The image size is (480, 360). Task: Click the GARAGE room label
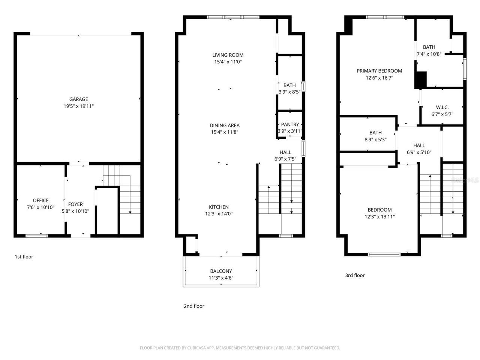(78, 99)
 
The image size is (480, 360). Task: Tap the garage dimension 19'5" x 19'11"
(78, 106)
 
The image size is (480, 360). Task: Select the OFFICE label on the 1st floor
(40, 201)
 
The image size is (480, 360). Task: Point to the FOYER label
(75, 204)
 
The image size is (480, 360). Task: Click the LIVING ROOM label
(228, 55)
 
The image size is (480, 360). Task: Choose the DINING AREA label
(225, 126)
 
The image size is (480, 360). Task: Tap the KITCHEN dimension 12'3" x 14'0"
(219, 214)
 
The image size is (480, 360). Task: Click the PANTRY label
(290, 124)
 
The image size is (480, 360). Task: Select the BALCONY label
(221, 271)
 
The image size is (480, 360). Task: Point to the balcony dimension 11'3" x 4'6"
(221, 278)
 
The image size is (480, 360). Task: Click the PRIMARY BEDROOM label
(379, 71)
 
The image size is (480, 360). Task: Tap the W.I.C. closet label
(442, 108)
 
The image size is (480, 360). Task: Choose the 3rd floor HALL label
(419, 145)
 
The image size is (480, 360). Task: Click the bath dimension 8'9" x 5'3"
(375, 139)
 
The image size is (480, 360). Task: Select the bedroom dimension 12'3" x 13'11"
(379, 217)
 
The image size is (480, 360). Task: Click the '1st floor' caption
(24, 257)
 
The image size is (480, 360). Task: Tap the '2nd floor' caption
(194, 306)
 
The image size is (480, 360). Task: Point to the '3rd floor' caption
(355, 275)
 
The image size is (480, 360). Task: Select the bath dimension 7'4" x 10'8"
(429, 54)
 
